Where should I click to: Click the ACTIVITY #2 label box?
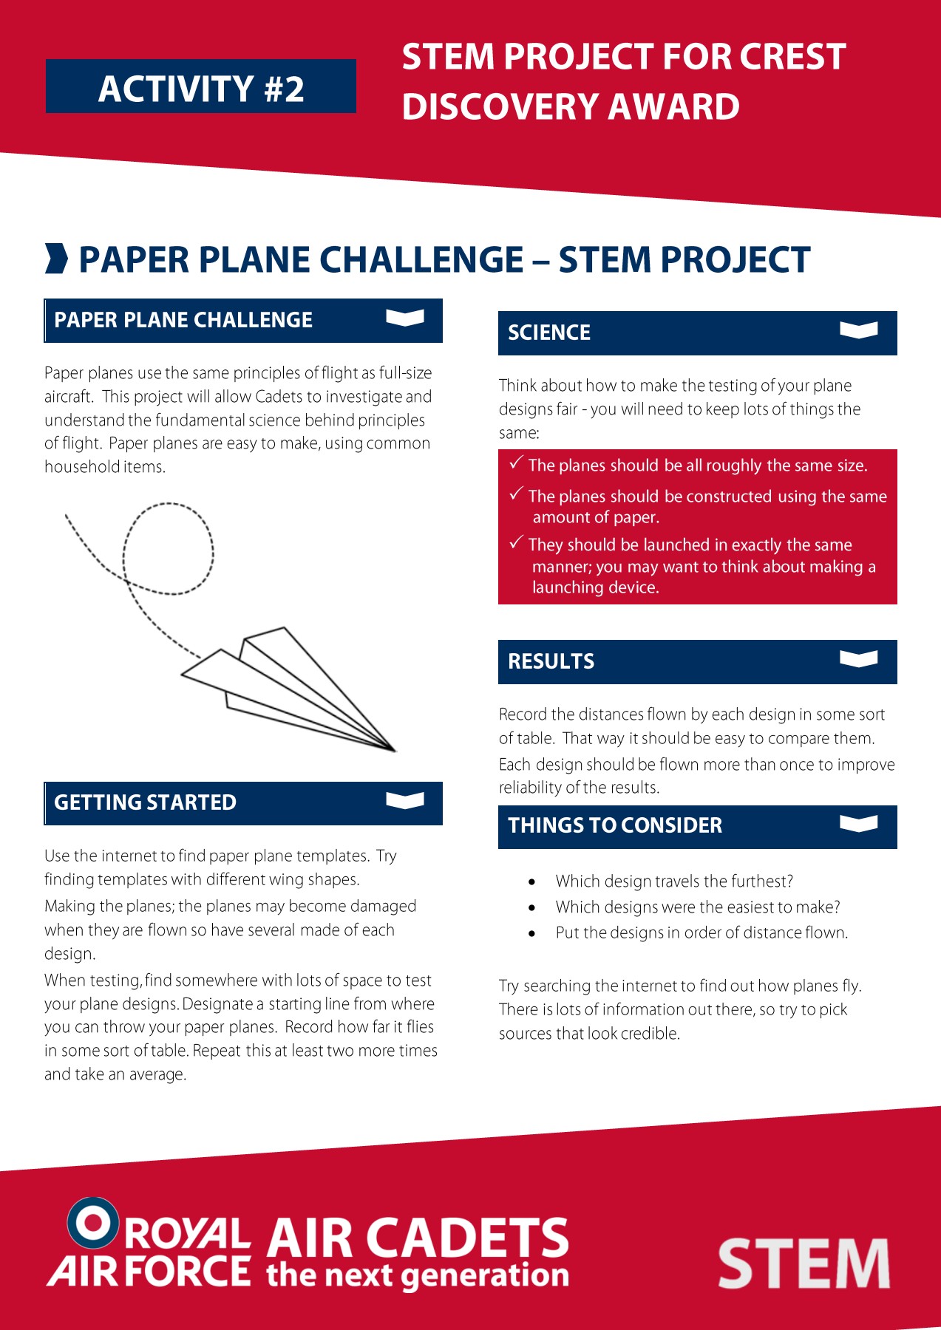pos(201,86)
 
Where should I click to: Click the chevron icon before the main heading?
pos(56,258)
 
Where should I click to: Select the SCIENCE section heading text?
pos(549,332)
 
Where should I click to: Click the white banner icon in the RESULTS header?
pos(859,658)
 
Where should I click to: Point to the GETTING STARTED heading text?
pos(145,802)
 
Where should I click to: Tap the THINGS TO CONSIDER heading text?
pos(615,825)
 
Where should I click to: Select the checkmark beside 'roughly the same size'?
pos(517,463)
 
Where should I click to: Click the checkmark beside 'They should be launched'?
pos(517,542)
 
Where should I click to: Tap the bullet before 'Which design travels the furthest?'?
pos(532,881)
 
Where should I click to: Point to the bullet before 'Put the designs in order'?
pos(532,933)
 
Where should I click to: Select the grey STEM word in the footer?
pos(804,1263)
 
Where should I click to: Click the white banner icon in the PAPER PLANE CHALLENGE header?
pos(405,317)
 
